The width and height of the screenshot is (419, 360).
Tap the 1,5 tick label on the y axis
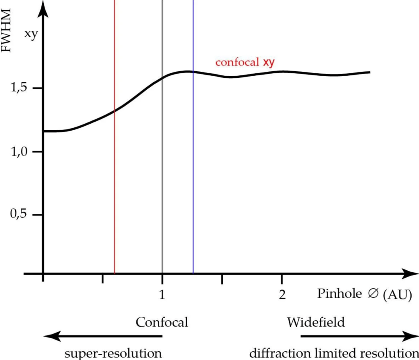point(20,88)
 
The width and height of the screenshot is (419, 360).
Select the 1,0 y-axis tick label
point(20,152)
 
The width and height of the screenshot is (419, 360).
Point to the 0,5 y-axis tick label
point(20,215)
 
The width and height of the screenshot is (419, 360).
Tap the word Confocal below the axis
point(162,322)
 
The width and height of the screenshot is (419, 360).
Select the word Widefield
point(316,322)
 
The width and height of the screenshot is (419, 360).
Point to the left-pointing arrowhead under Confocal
point(49,337)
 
